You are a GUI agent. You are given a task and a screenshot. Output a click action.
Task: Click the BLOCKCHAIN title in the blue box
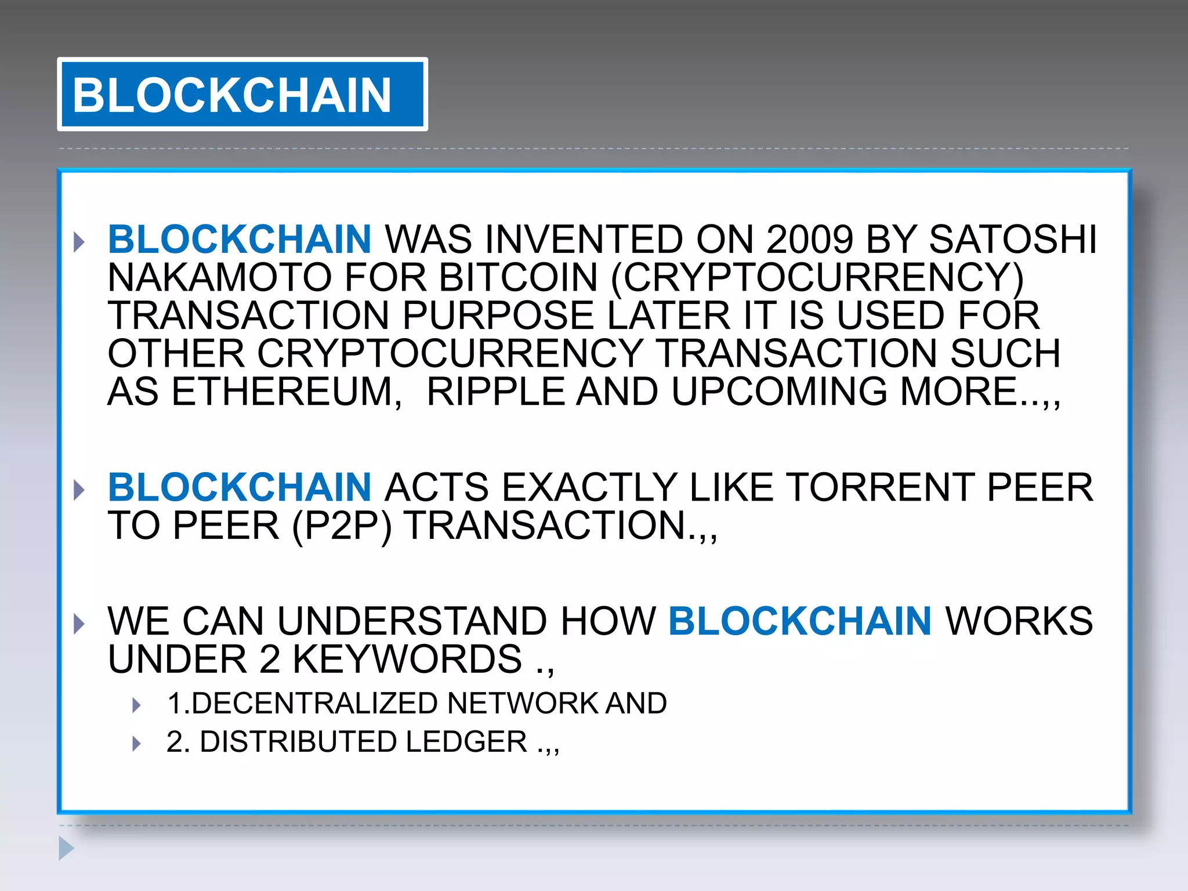[232, 95]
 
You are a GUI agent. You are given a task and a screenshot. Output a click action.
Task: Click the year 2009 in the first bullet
[809, 240]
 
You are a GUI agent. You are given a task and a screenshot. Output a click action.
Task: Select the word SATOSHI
[1013, 240]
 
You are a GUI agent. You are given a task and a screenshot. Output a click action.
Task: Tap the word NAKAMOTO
[219, 277]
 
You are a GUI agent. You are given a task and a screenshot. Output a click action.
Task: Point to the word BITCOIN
[518, 277]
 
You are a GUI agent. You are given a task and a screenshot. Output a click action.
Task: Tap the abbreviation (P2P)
[342, 526]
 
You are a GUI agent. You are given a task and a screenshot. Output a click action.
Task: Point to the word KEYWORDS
[407, 660]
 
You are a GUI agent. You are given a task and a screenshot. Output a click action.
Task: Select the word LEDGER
[466, 742]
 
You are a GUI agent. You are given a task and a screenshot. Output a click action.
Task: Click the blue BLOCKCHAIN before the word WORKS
[800, 621]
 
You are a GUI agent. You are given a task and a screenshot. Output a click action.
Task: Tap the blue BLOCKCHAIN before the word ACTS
[240, 487]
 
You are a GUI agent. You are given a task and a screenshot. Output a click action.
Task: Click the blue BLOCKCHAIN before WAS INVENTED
[240, 240]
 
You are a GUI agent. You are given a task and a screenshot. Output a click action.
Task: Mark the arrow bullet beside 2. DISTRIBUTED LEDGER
[137, 743]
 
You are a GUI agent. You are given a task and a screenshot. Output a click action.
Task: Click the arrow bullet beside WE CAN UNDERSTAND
[79, 624]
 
